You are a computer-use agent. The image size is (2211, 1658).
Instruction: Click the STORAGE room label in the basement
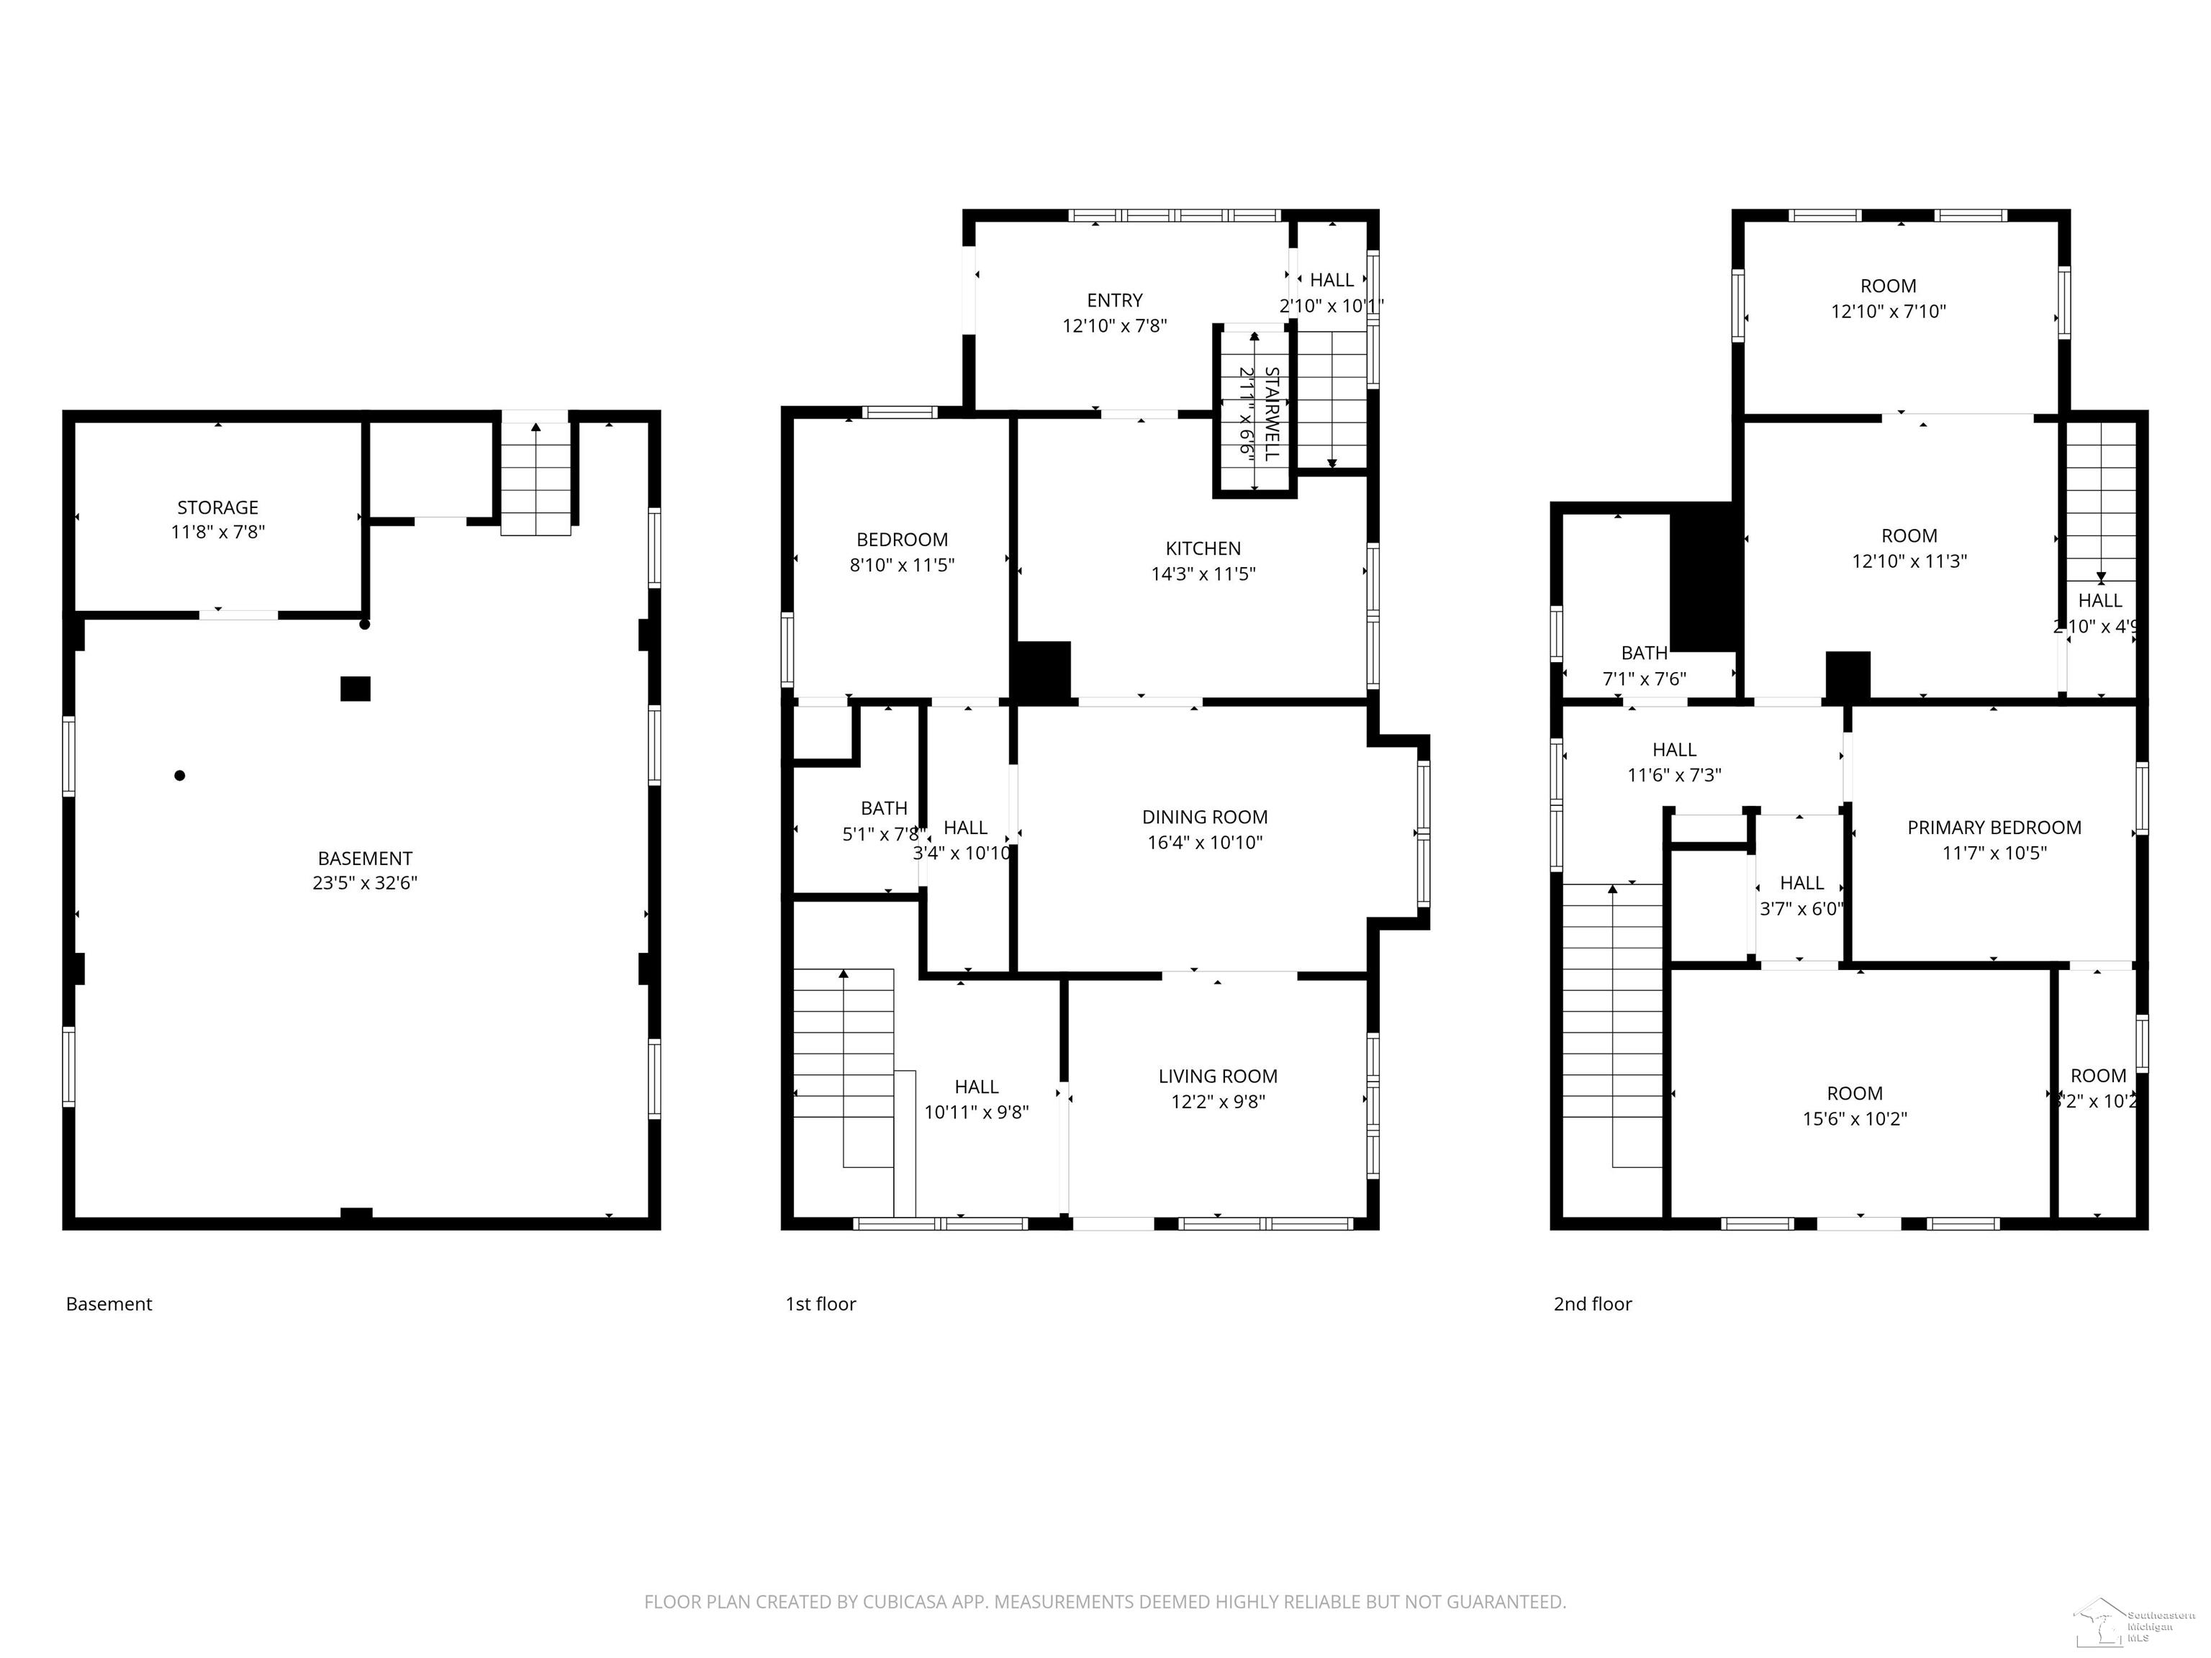click(x=218, y=508)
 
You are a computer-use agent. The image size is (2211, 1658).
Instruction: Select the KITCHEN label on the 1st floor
click(x=1203, y=548)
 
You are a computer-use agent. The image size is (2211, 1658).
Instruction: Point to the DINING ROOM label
click(x=1204, y=817)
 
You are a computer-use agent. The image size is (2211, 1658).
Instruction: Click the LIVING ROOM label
click(x=1218, y=1077)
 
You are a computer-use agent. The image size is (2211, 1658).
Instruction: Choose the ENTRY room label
click(x=1114, y=301)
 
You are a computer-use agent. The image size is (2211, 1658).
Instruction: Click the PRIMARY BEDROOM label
click(x=1994, y=828)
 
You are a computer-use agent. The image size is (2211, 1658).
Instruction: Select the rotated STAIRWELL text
click(x=1272, y=413)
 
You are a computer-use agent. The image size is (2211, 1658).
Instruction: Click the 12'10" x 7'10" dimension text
click(x=1888, y=312)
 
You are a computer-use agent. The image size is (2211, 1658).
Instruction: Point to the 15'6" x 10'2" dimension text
click(x=1854, y=1119)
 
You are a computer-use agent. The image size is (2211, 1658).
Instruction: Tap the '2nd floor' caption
click(x=1592, y=1304)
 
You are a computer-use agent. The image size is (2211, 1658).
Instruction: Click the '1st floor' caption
click(x=820, y=1304)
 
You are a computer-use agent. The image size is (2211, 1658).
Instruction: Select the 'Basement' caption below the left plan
click(x=109, y=1304)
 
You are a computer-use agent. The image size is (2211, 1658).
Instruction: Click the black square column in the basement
click(x=355, y=689)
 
